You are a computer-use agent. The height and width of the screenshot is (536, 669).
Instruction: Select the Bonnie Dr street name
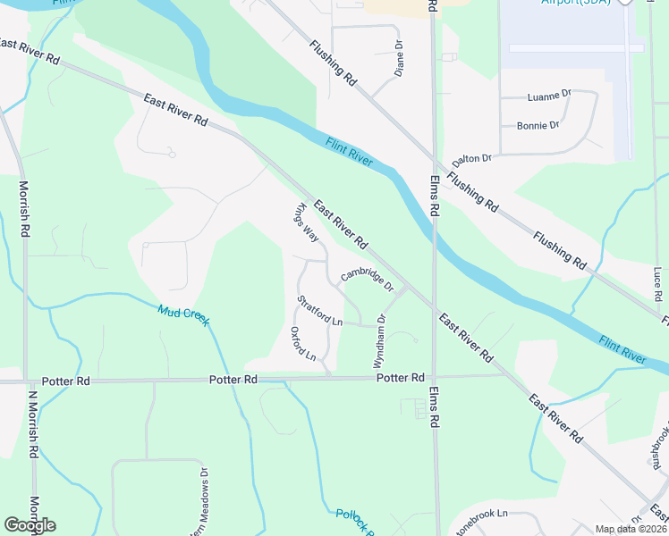pyautogui.click(x=538, y=125)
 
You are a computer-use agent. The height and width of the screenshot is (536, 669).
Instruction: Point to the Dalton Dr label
pyautogui.click(x=472, y=158)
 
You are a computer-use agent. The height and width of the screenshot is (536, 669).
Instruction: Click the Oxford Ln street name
pyautogui.click(x=304, y=344)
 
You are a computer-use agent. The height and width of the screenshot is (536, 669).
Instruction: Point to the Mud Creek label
pyautogui.click(x=182, y=315)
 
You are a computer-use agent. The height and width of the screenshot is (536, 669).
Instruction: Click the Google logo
pyautogui.click(x=30, y=525)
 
